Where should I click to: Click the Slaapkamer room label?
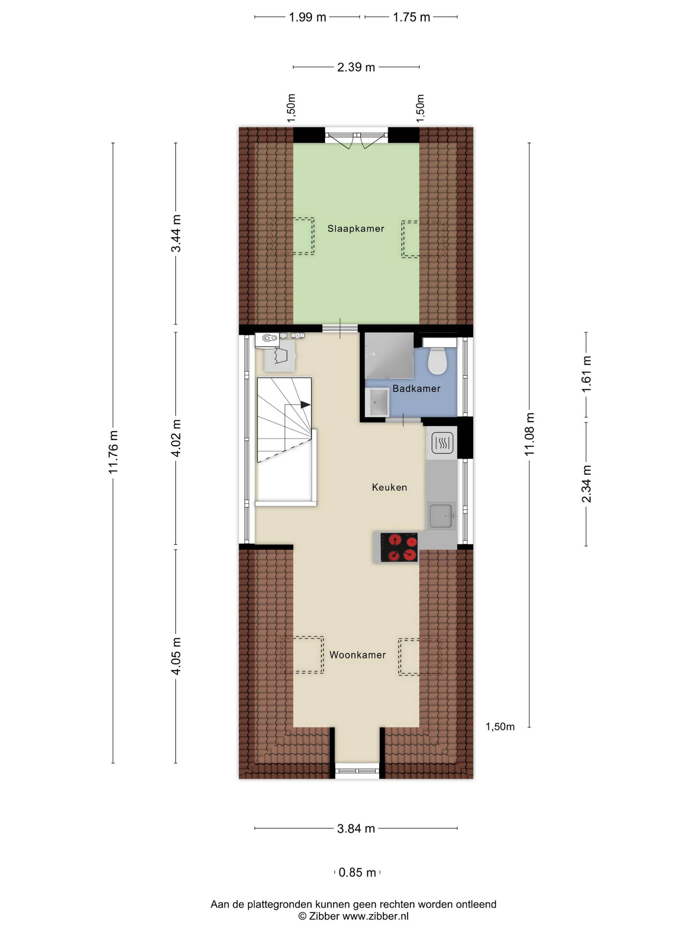pyautogui.click(x=356, y=228)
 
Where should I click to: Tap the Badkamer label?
pyautogui.click(x=416, y=388)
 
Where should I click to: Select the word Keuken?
pyautogui.click(x=389, y=487)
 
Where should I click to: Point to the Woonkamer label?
pyautogui.click(x=357, y=655)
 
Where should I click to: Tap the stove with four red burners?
pyautogui.click(x=399, y=547)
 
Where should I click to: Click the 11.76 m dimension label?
pyautogui.click(x=113, y=452)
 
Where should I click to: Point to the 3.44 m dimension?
pyautogui.click(x=176, y=233)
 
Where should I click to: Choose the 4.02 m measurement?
pyautogui.click(x=176, y=438)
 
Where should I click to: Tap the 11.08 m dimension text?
pyautogui.click(x=529, y=434)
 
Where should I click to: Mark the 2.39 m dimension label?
pyautogui.click(x=356, y=67)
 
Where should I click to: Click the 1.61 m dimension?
pyautogui.click(x=586, y=374)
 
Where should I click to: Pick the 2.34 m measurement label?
pyautogui.click(x=586, y=484)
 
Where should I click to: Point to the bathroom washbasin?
pyautogui.click(x=378, y=402)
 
